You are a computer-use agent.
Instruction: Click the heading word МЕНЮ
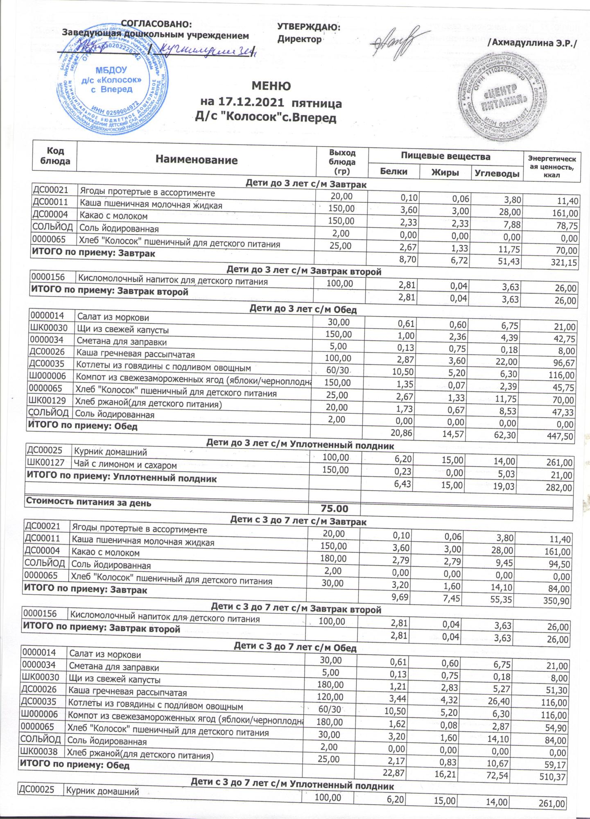(x=271, y=86)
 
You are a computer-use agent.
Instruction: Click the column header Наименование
(x=197, y=160)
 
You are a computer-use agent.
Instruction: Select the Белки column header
(x=393, y=172)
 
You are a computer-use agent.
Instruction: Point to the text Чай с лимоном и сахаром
(x=125, y=465)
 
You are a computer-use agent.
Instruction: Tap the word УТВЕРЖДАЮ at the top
(x=309, y=27)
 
